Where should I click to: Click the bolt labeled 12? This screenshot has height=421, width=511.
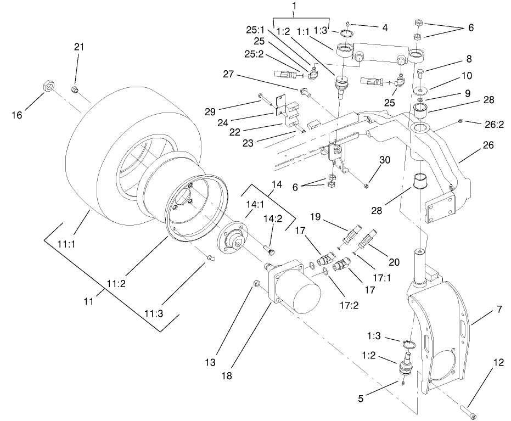(x=467, y=409)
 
